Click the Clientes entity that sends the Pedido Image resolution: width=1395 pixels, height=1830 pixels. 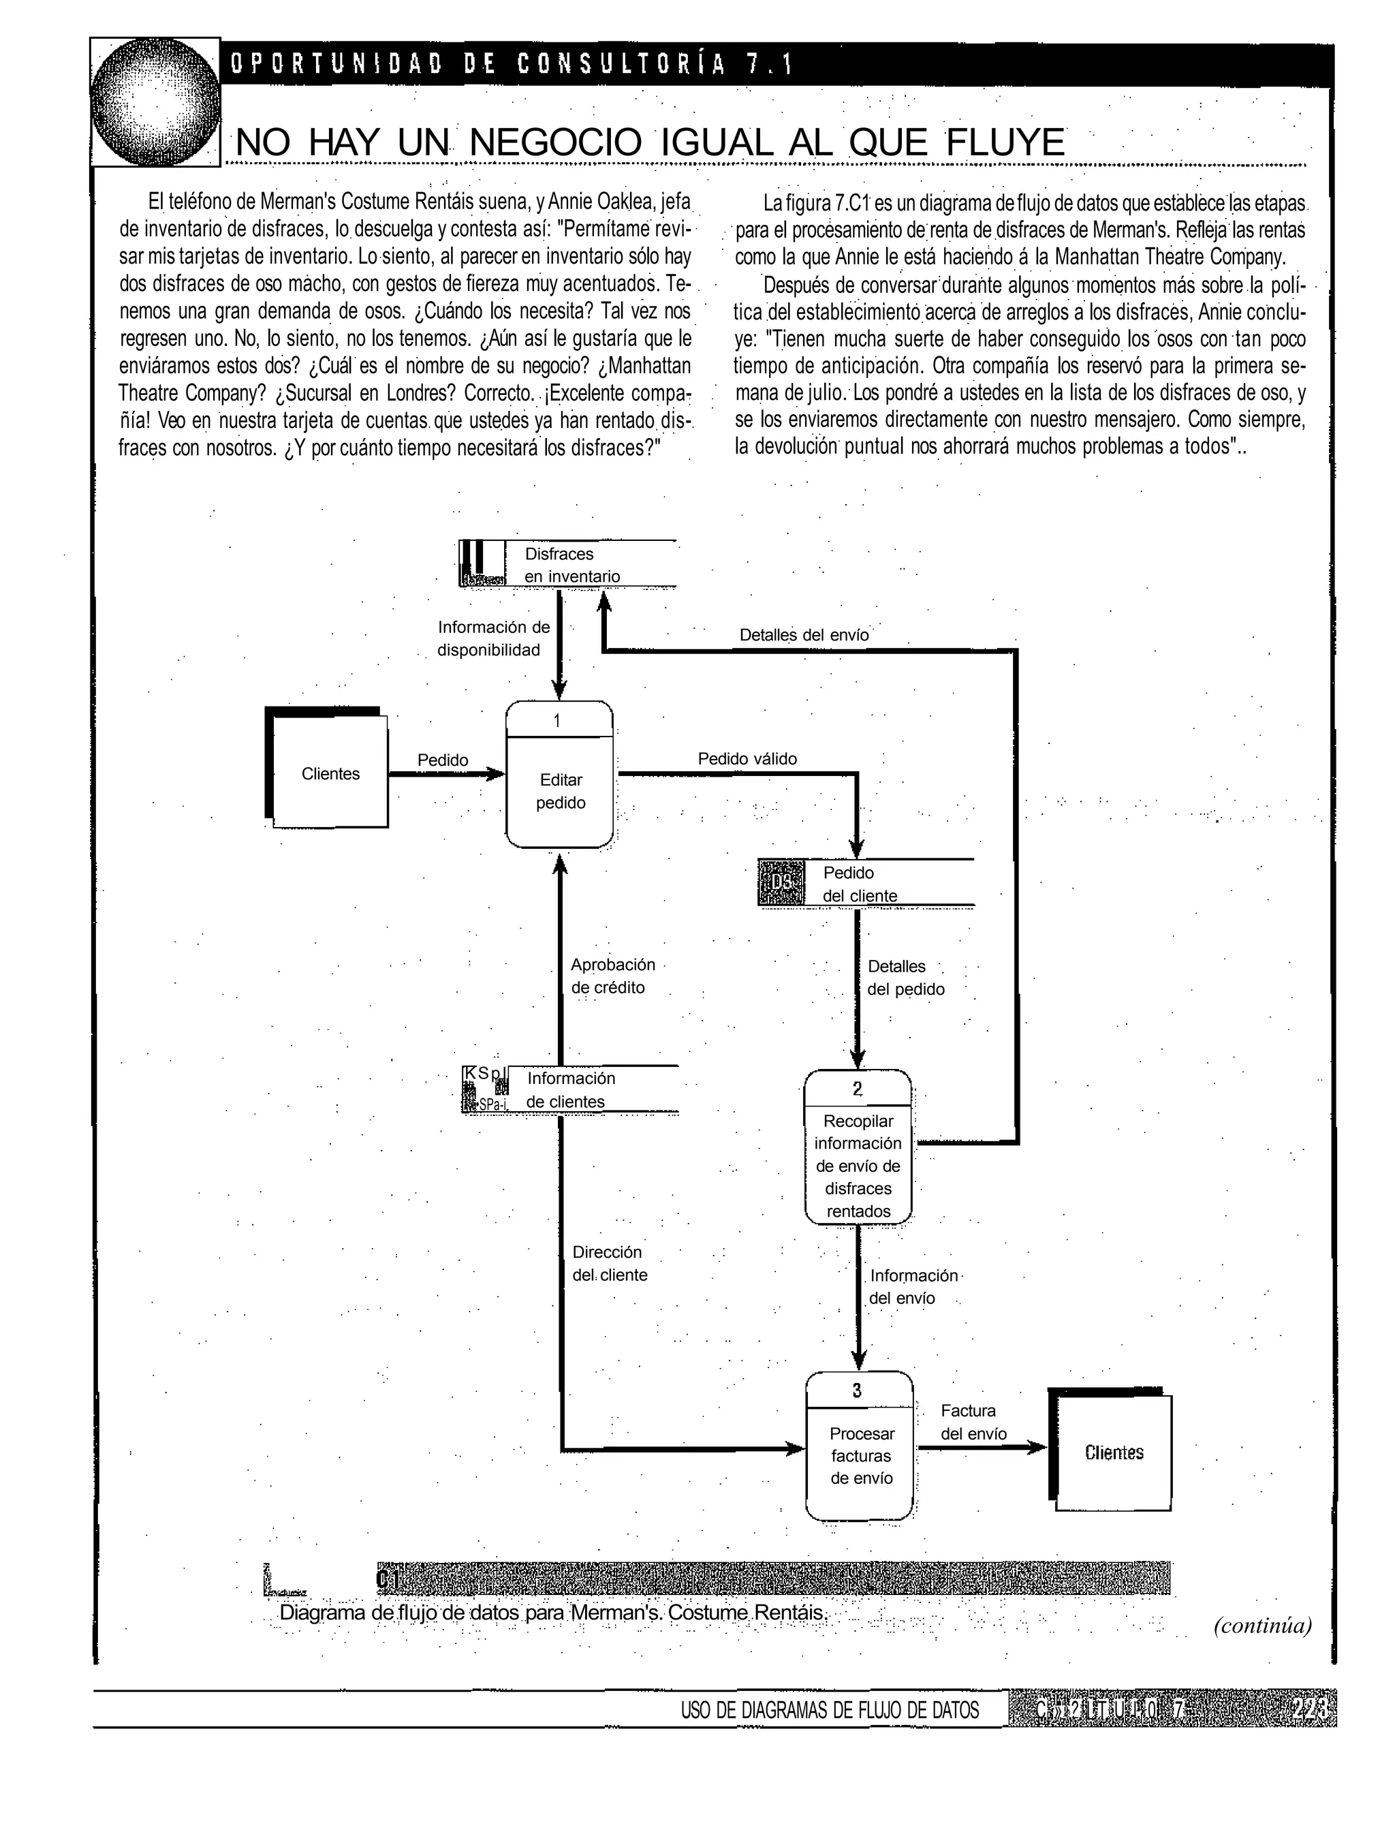tap(330, 773)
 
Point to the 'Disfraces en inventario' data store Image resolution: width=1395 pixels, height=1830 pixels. tap(571, 565)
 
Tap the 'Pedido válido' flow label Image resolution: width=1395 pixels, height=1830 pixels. tap(747, 758)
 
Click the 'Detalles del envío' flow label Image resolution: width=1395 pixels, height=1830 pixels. tap(803, 635)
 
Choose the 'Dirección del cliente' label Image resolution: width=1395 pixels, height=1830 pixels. tap(609, 1263)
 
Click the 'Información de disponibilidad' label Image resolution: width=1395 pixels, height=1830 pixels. tap(492, 638)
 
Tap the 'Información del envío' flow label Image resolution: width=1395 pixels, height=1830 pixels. tap(912, 1286)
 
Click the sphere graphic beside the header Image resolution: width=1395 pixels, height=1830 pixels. tap(155, 102)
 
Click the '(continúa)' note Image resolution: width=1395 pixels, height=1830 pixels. tap(1262, 1625)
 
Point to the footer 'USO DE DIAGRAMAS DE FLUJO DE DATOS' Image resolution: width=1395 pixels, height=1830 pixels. tap(829, 1709)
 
